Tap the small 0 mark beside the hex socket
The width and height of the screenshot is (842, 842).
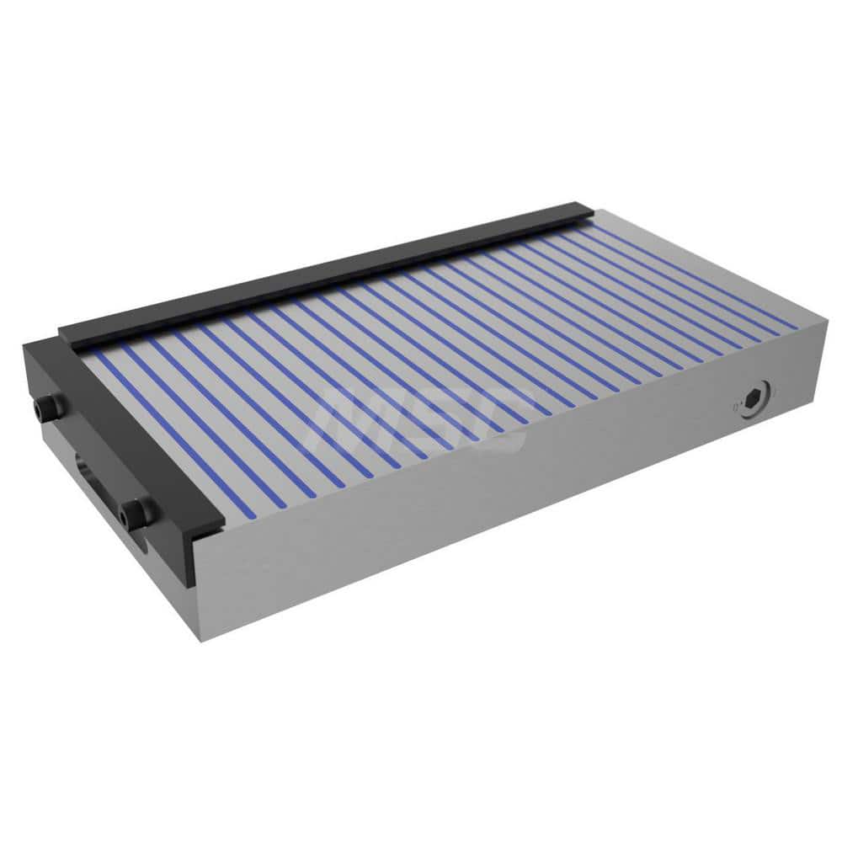point(738,406)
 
